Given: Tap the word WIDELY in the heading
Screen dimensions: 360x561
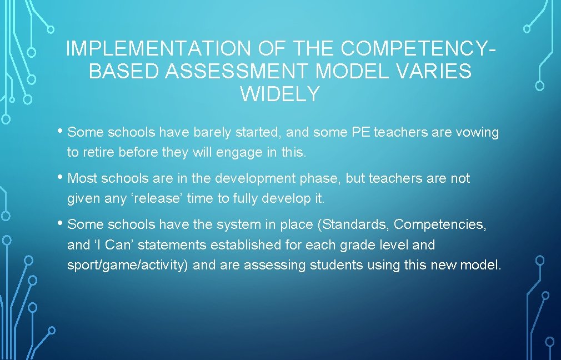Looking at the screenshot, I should click(280, 94).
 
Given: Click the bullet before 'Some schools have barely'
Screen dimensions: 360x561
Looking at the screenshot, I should click(61, 132).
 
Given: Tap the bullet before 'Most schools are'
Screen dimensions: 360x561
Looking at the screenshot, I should click(61, 178).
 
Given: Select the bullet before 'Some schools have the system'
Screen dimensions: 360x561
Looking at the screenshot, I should click(61, 224).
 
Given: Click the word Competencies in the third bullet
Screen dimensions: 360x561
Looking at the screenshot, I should click(440, 224).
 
